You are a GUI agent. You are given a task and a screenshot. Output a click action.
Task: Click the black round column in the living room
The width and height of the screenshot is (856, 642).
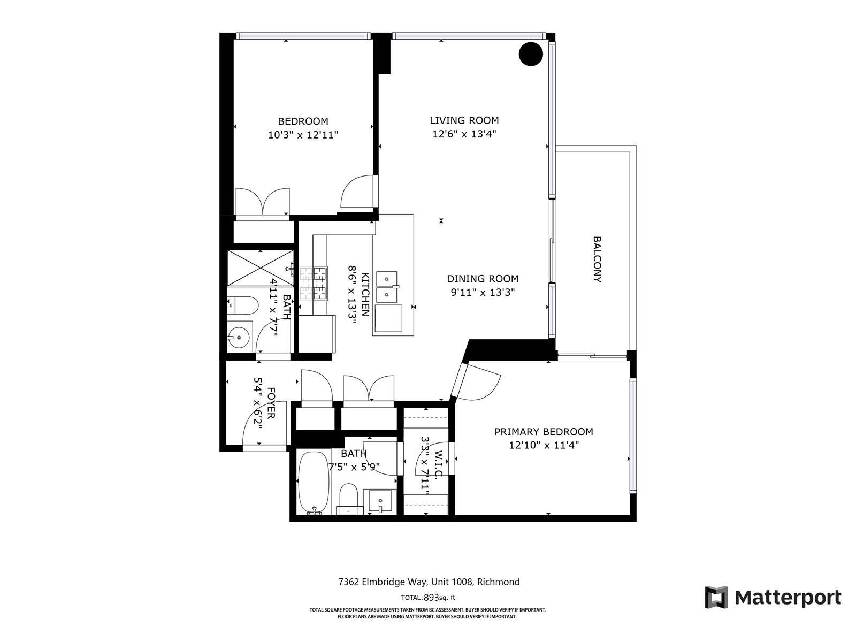pos(531,54)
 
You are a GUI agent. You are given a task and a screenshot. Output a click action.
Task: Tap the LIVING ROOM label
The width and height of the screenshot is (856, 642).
pos(464,120)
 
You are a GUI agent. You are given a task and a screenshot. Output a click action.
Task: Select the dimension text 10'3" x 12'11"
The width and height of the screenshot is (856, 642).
pos(303,135)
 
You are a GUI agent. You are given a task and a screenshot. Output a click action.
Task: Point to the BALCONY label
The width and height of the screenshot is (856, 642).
pos(597,259)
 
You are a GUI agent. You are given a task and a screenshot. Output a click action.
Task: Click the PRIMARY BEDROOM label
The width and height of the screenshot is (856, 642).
pos(544,432)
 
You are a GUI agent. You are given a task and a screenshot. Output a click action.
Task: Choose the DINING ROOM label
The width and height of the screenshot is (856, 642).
pos(483,279)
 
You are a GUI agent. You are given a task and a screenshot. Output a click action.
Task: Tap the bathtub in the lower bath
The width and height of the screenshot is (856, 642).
pos(314,483)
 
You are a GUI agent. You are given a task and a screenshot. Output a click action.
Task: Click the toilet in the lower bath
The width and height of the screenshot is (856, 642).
pos(349,499)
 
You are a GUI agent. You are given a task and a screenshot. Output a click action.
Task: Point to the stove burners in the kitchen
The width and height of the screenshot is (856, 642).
pos(314,284)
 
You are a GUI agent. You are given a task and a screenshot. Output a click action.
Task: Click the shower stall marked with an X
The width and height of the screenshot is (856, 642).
pos(260,268)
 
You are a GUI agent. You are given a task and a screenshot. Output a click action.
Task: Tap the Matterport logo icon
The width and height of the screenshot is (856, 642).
pos(716,597)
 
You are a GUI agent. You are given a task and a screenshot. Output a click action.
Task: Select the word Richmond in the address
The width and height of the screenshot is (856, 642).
pos(499,582)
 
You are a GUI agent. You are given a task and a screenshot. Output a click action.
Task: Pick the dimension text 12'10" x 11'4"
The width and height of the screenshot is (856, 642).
pos(544,445)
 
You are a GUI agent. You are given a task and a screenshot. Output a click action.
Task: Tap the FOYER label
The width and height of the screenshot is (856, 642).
pos(271,402)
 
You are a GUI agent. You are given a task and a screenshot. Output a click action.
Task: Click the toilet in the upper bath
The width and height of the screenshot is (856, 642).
pos(242,305)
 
